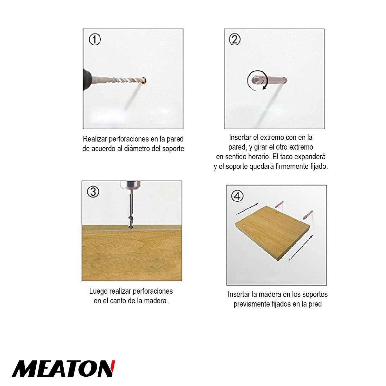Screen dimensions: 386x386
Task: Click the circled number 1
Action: point(95,40)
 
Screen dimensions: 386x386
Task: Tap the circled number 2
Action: point(235,40)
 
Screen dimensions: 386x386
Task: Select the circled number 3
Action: point(93,192)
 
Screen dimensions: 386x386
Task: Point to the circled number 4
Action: point(238,196)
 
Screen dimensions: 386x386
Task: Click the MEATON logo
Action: point(64,369)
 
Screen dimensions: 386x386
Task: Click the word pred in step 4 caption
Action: point(315,304)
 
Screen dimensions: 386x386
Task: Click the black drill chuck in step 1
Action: point(87,79)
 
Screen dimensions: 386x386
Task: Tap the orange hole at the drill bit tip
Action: point(144,80)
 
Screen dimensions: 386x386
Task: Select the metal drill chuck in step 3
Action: point(130,185)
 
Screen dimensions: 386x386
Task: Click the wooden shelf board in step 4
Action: point(272,233)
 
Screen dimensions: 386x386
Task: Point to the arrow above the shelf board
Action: point(247,209)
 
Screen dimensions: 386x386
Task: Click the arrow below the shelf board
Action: point(301,248)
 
